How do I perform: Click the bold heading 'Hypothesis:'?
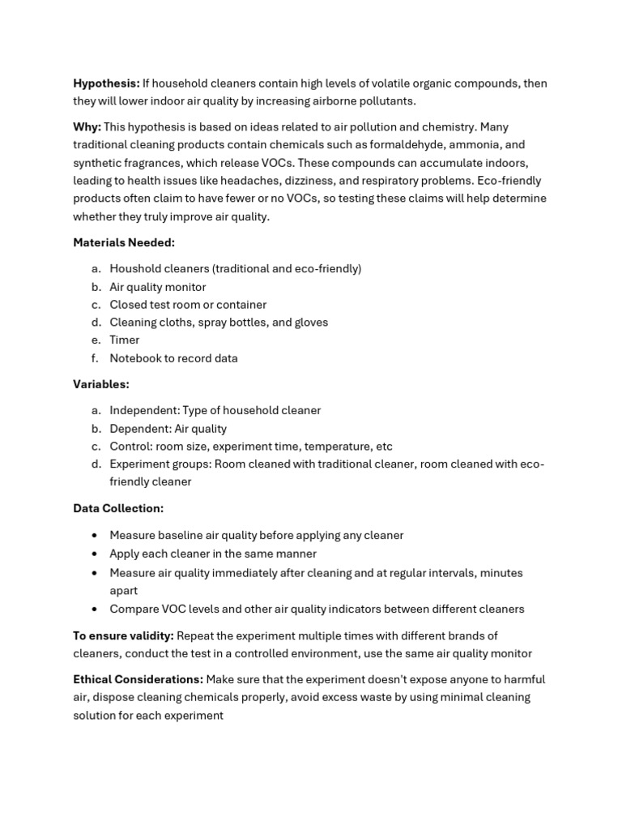pyautogui.click(x=106, y=83)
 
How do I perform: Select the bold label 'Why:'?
pyautogui.click(x=87, y=127)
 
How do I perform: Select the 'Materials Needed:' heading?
pyautogui.click(x=124, y=242)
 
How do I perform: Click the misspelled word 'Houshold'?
pyautogui.click(x=134, y=269)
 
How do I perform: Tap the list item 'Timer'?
pyautogui.click(x=125, y=340)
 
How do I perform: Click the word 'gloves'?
pyautogui.click(x=311, y=323)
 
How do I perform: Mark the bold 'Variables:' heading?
pyautogui.click(x=101, y=384)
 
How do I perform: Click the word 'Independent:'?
pyautogui.click(x=143, y=411)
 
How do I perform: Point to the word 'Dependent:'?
pyautogui.click(x=140, y=429)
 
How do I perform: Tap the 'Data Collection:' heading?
pyautogui.click(x=118, y=508)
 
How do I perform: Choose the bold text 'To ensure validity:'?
pyautogui.click(x=123, y=636)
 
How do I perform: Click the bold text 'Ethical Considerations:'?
pyautogui.click(x=138, y=679)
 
